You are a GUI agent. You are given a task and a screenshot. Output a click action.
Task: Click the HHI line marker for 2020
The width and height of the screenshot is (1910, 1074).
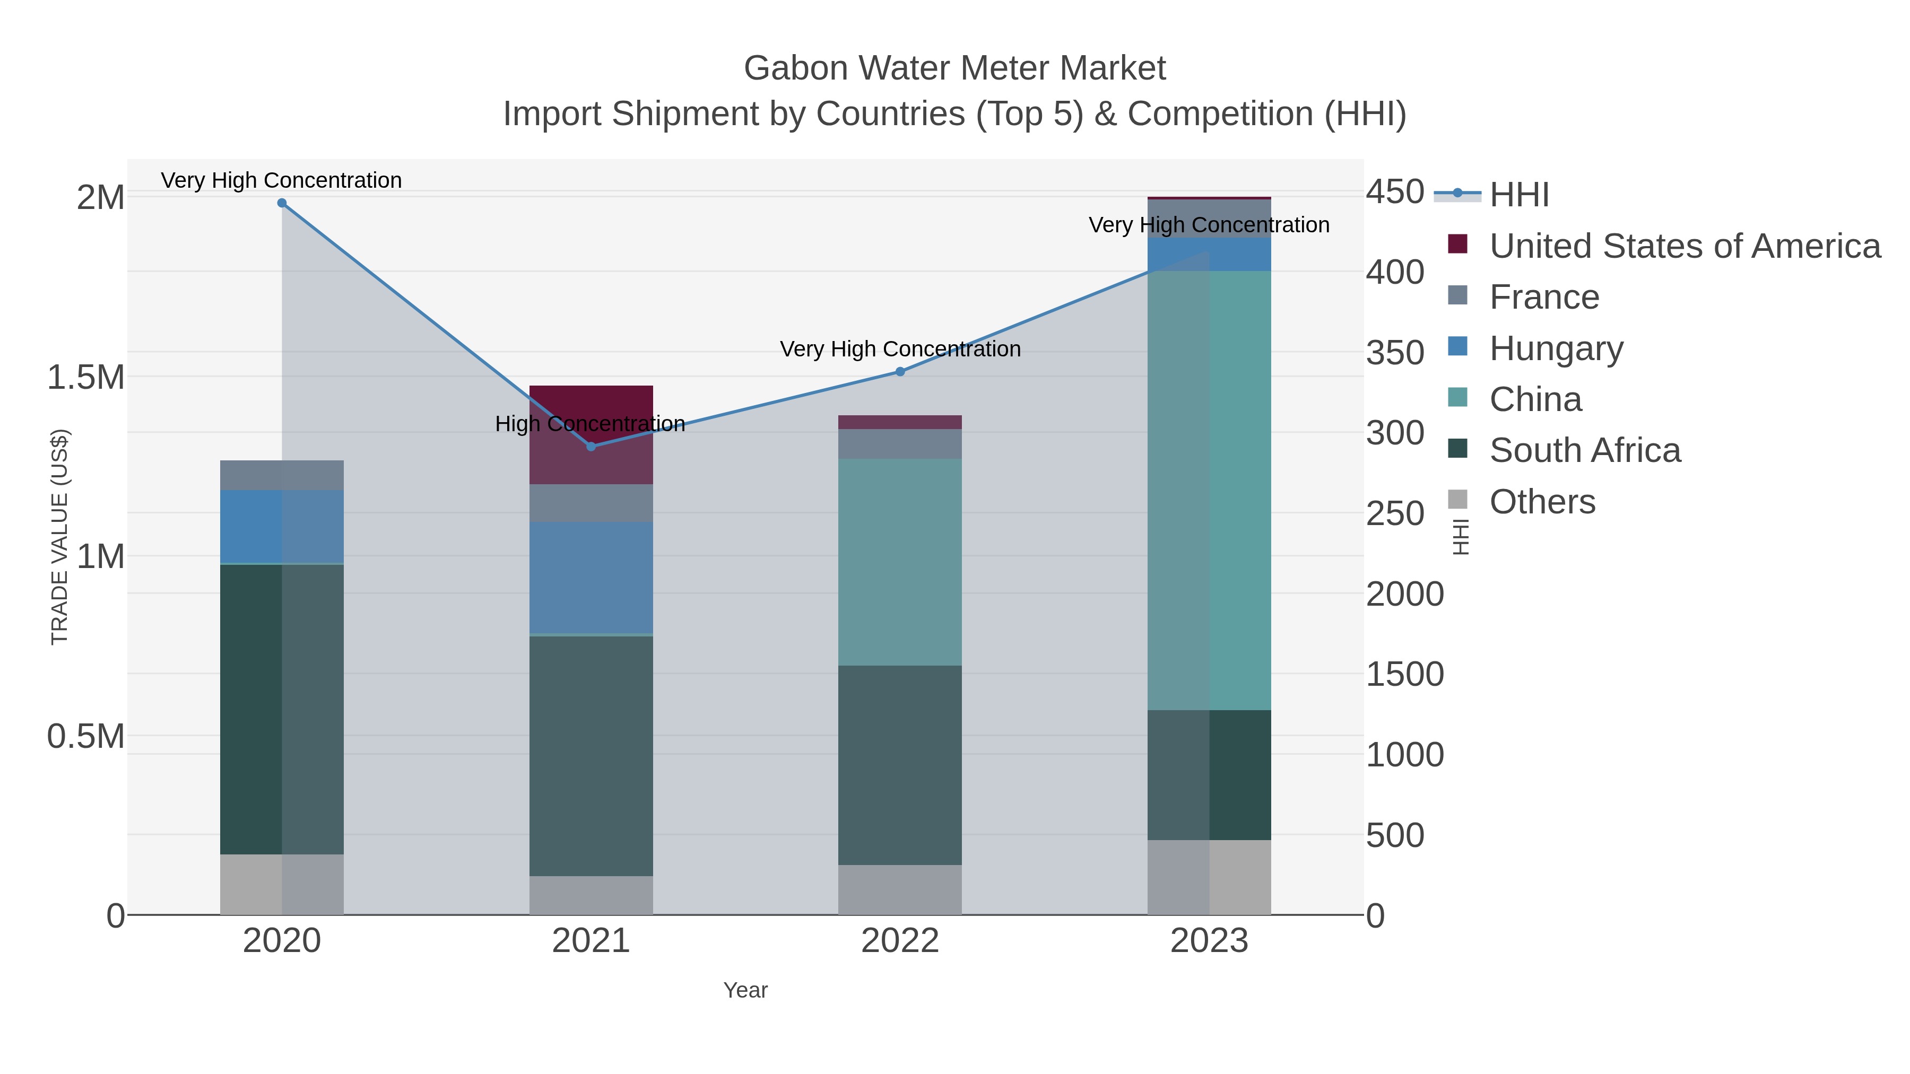[x=282, y=203]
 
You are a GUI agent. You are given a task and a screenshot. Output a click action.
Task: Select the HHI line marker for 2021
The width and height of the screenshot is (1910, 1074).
[x=591, y=446]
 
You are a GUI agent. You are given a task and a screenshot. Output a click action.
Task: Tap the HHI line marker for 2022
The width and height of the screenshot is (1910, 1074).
[x=900, y=371]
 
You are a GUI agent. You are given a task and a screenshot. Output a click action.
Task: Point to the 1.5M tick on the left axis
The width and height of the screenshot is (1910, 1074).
[x=86, y=377]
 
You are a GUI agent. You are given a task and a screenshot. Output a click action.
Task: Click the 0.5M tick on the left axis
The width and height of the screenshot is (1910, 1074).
[x=86, y=736]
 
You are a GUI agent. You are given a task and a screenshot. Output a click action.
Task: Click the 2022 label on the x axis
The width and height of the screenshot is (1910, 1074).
[x=900, y=941]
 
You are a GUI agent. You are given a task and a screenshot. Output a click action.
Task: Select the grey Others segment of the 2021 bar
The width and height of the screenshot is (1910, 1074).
[x=591, y=895]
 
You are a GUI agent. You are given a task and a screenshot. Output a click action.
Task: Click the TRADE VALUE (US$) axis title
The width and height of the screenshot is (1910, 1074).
[x=59, y=537]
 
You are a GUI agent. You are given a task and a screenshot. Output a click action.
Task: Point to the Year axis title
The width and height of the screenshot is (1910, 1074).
[x=745, y=990]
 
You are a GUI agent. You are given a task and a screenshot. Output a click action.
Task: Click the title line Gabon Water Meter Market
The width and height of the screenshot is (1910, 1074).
[x=954, y=68]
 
